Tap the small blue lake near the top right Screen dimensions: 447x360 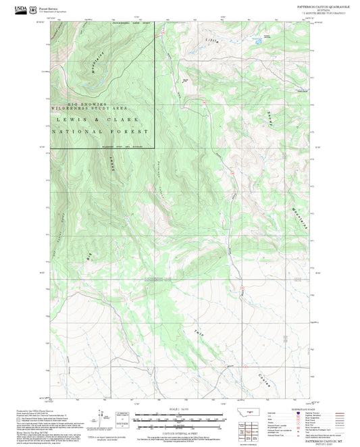(257, 41)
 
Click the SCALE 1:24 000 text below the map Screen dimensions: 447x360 (179, 408)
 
